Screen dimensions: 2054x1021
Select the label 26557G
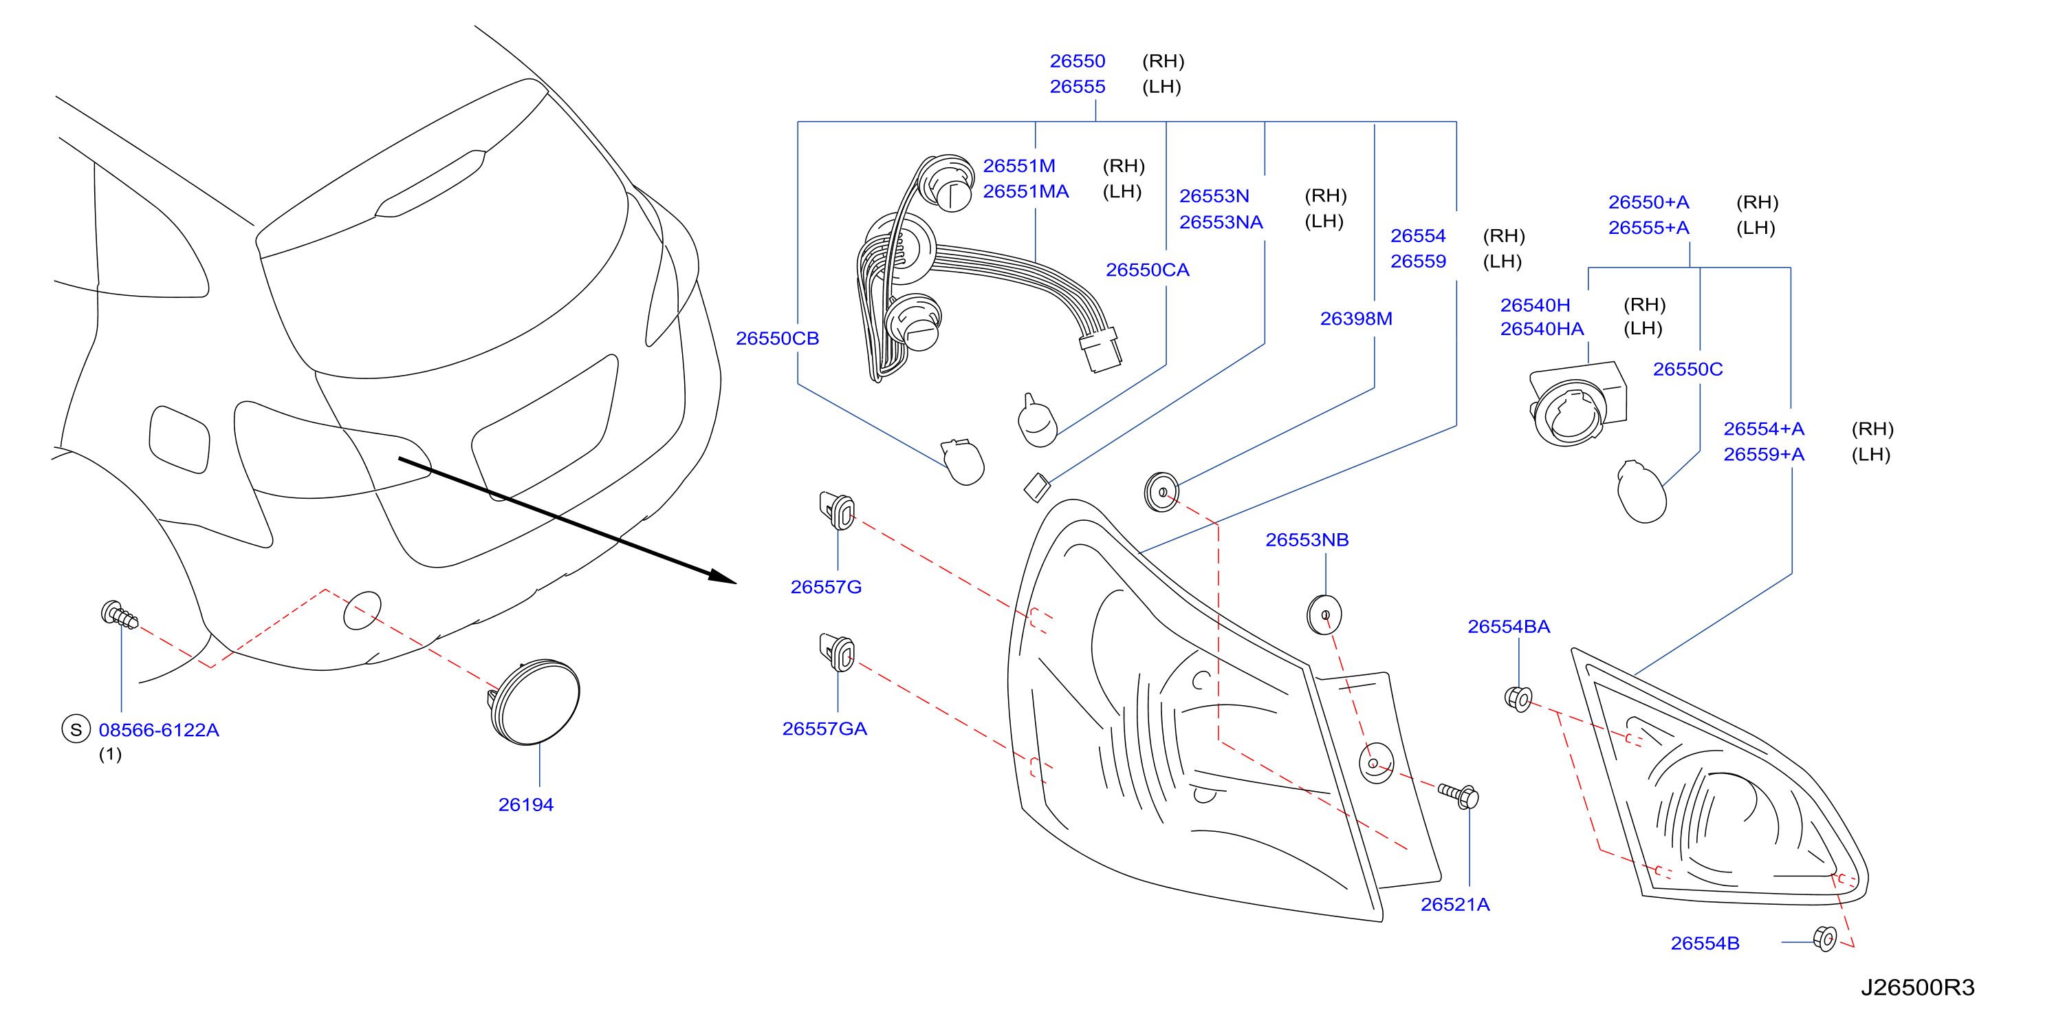click(825, 587)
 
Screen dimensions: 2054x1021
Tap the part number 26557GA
click(824, 729)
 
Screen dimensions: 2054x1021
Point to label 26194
click(525, 804)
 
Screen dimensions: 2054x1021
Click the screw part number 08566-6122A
click(159, 729)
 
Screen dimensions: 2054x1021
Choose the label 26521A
click(1454, 904)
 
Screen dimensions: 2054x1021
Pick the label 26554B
click(1705, 943)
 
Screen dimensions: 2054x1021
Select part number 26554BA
click(1509, 626)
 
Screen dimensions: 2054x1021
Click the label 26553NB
click(1307, 539)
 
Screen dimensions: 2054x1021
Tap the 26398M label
click(1355, 319)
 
